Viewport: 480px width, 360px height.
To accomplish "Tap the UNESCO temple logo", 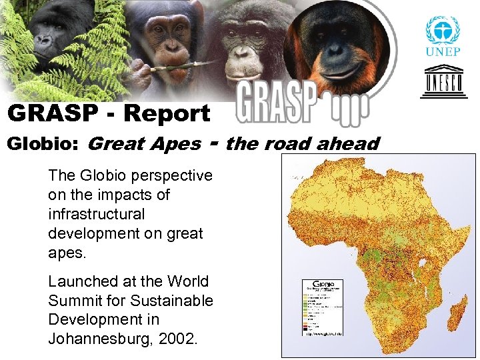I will coord(443,81).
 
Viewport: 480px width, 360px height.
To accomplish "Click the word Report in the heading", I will coord(167,113).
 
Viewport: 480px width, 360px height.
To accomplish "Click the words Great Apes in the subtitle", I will coord(144,143).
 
